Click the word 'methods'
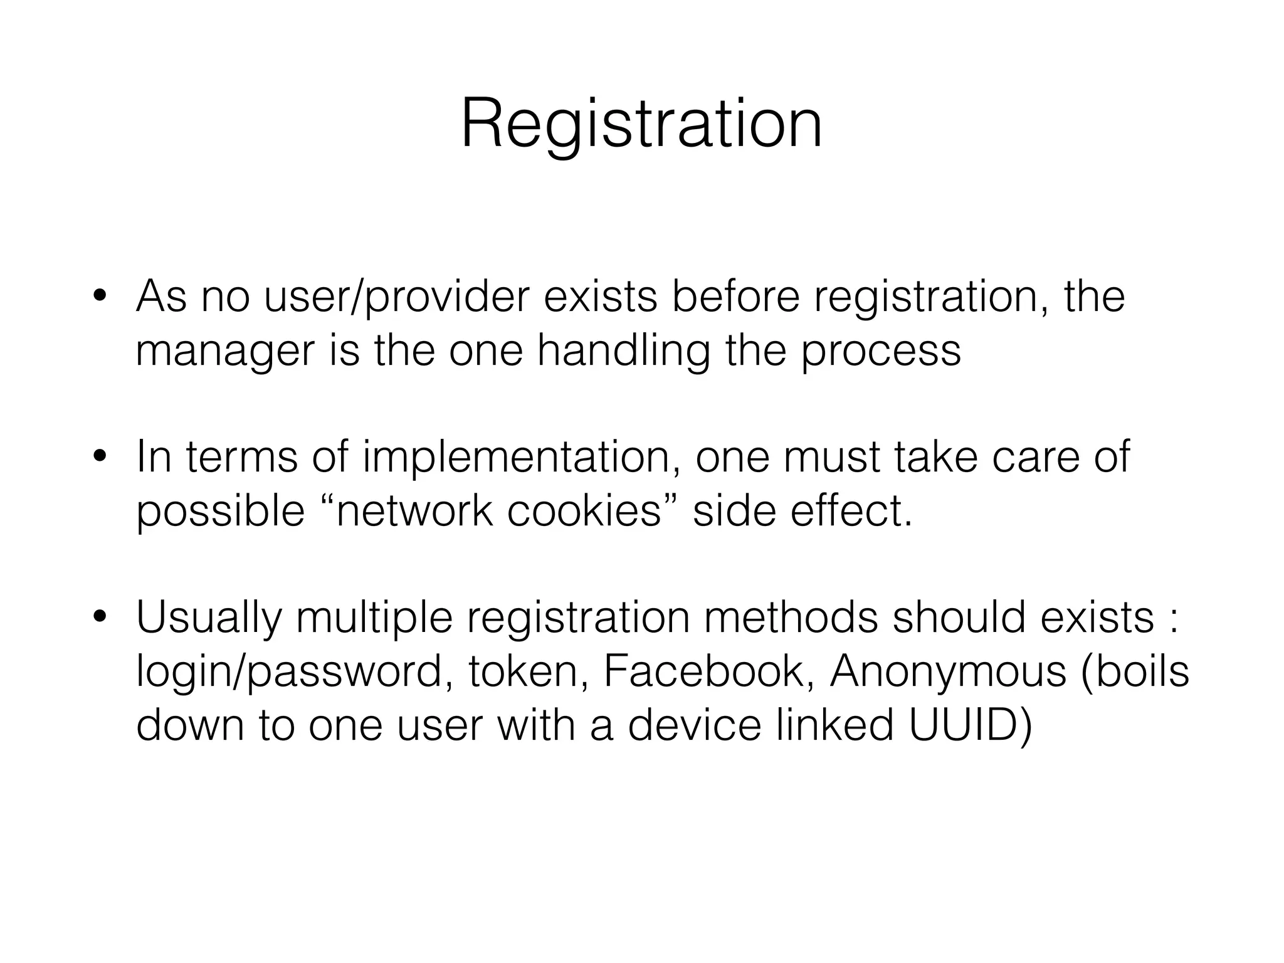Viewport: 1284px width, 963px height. (791, 618)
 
